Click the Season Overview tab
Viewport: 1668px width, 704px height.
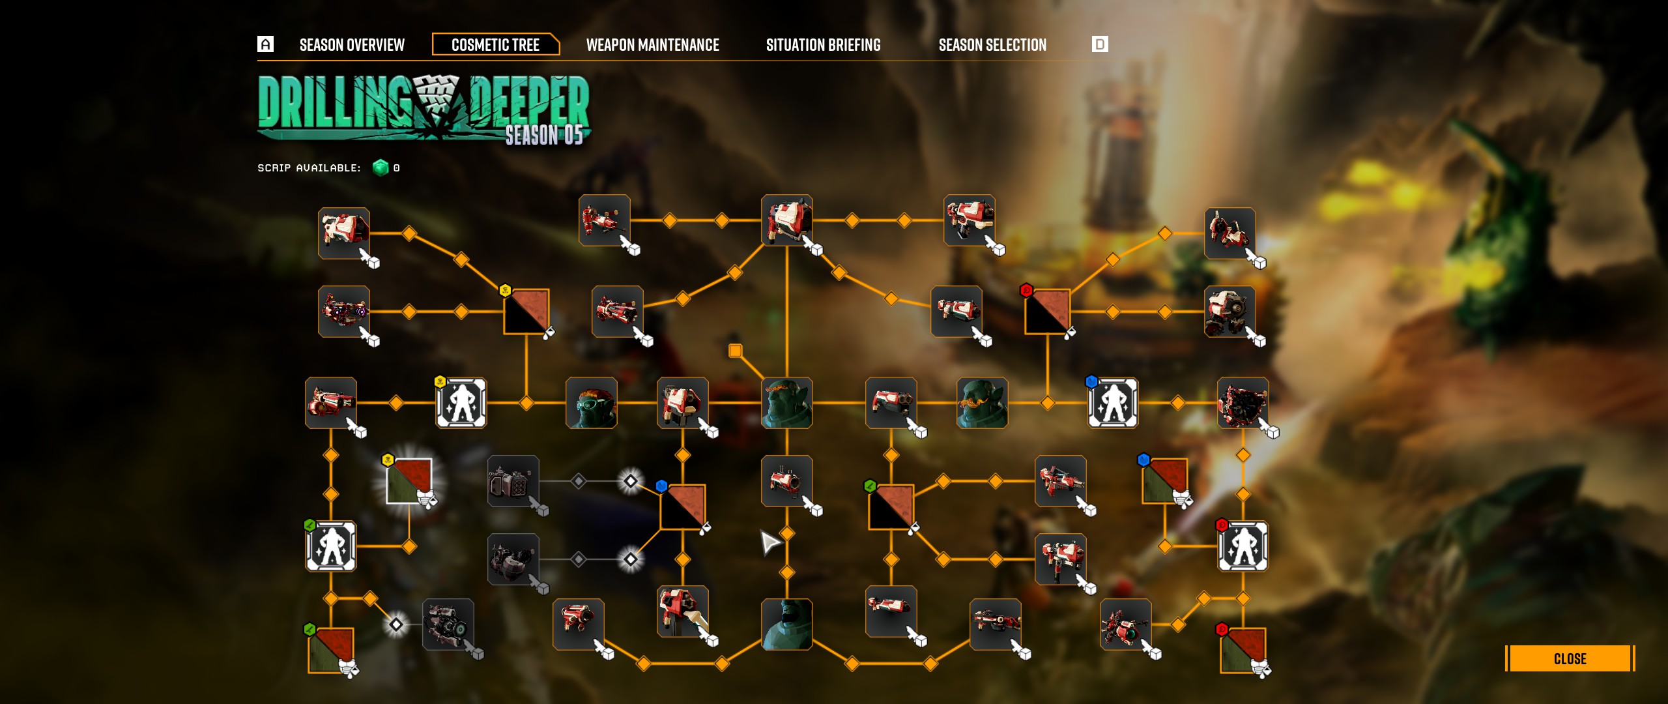[x=352, y=45]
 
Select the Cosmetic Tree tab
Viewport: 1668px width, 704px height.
[x=495, y=45]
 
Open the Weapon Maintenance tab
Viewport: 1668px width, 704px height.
[x=652, y=45]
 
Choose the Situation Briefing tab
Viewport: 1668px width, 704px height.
[x=823, y=45]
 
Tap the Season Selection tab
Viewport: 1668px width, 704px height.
[x=992, y=45]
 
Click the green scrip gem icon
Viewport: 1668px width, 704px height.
[x=381, y=168]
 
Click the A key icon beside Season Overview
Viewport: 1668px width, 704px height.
[x=265, y=44]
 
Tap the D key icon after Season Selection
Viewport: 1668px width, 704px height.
[x=1100, y=44]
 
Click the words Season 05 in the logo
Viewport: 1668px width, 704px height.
[x=544, y=135]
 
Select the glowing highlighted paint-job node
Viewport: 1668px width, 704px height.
[x=409, y=481]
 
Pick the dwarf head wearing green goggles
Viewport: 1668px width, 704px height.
[x=592, y=403]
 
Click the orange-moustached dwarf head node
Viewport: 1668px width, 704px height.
[x=983, y=403]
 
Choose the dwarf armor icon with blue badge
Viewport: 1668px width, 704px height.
[x=1113, y=403]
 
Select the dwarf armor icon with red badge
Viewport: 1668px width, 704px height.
[x=1243, y=546]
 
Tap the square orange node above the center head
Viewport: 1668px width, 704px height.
[x=735, y=351]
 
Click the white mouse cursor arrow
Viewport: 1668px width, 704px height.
[x=769, y=542]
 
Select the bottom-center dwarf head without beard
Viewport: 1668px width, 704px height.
[x=787, y=624]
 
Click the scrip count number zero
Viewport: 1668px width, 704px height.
[x=397, y=168]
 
